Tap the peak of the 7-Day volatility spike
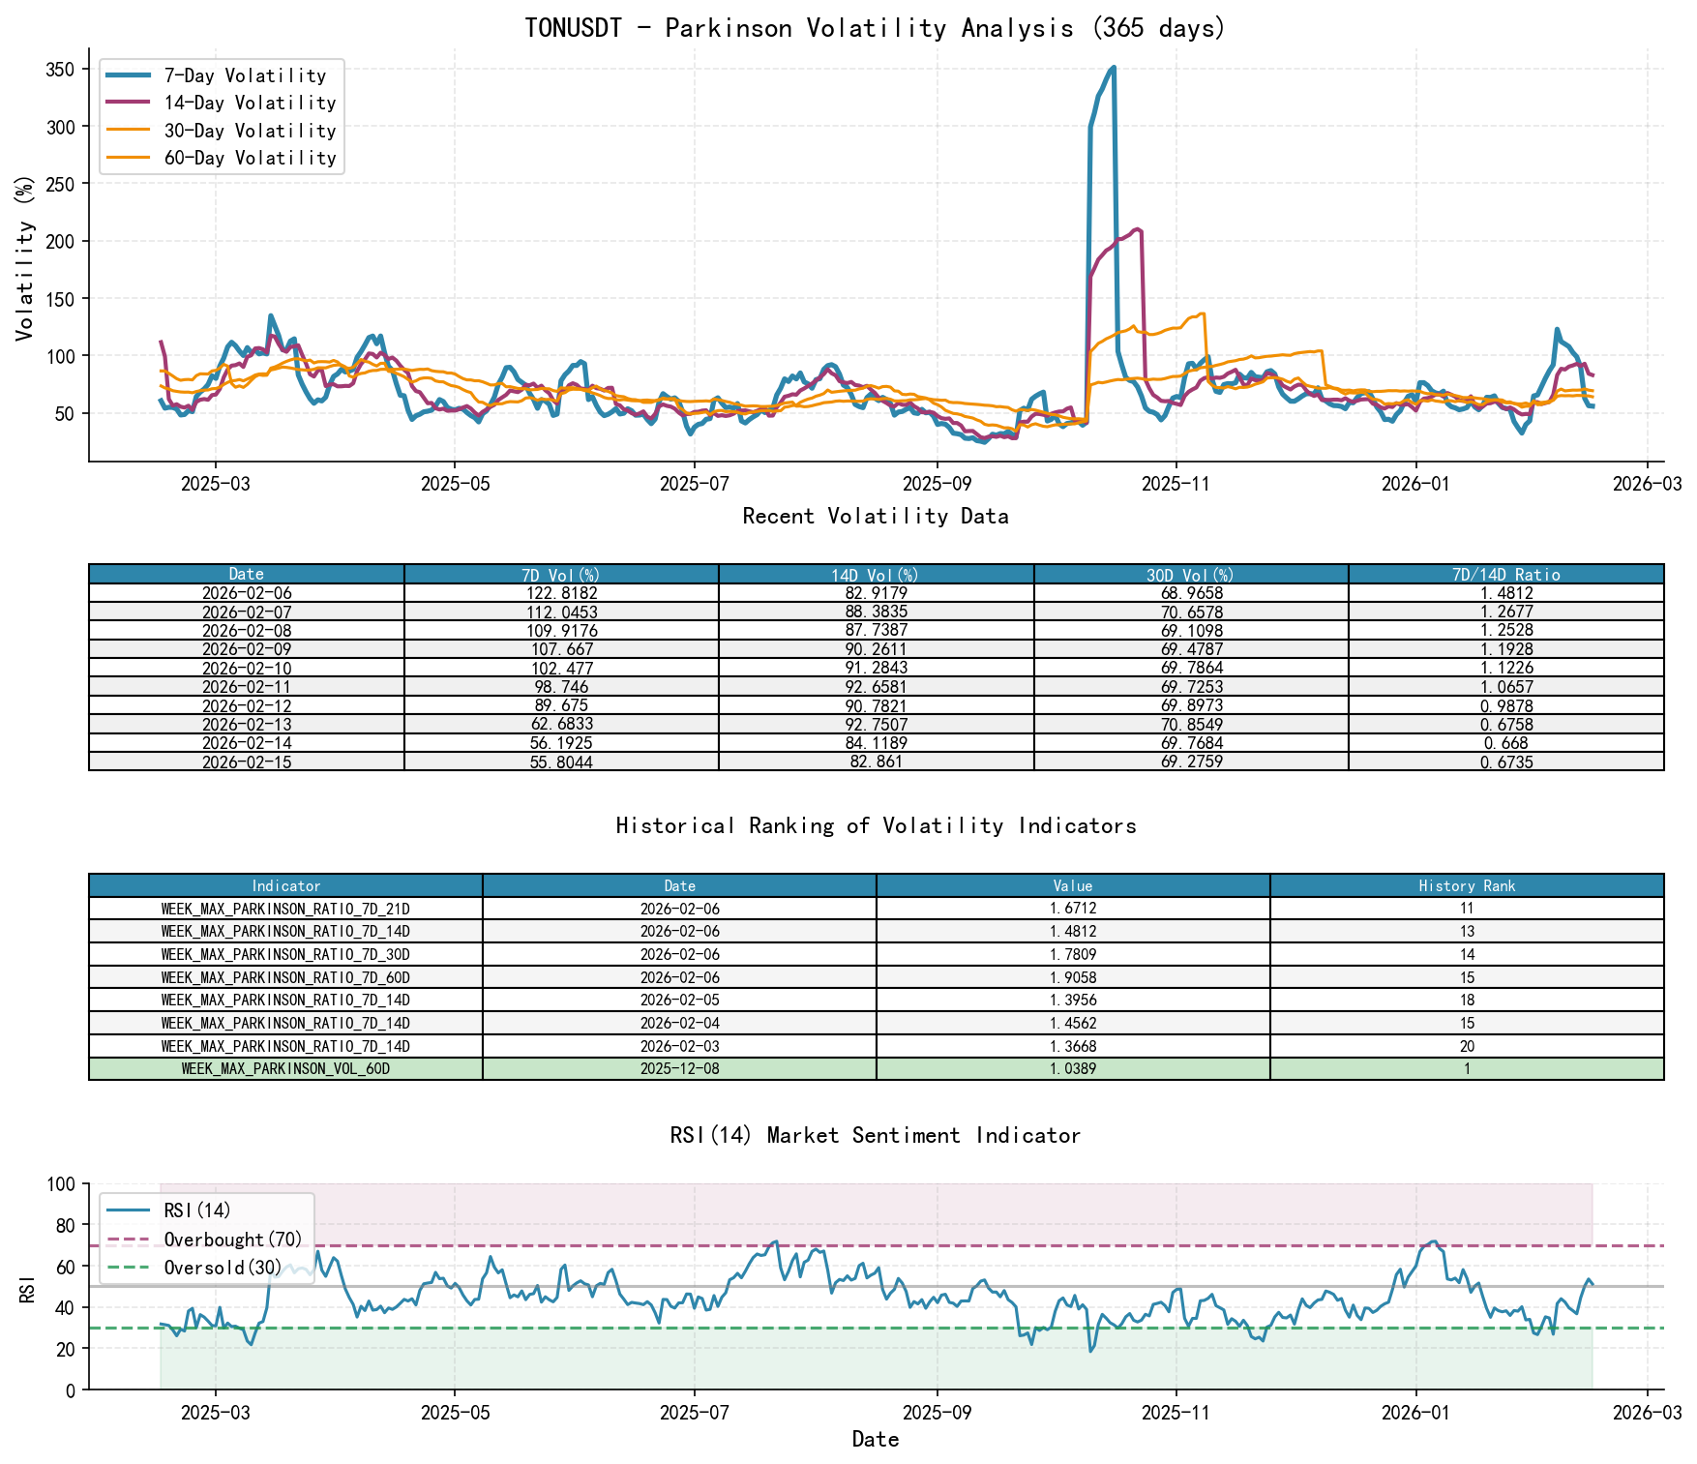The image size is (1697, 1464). click(1114, 68)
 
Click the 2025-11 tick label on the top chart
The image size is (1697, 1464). click(1176, 484)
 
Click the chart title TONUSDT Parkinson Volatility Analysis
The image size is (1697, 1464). click(875, 28)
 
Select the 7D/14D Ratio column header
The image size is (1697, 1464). click(1505, 575)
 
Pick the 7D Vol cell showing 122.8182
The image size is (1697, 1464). click(561, 593)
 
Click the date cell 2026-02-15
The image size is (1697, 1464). click(247, 762)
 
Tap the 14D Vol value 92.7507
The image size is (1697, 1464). click(876, 724)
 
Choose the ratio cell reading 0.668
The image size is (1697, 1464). click(1505, 743)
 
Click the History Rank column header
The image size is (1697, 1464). click(1467, 885)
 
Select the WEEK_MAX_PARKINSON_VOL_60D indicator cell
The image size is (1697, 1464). click(285, 1069)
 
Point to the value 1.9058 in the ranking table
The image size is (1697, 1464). click(1073, 977)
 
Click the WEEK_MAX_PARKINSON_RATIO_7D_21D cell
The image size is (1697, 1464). click(285, 909)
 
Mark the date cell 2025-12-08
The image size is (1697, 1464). click(679, 1069)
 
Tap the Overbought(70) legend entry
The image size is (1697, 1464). click(232, 1240)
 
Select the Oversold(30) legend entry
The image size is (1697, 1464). click(223, 1268)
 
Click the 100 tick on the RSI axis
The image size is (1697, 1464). click(61, 1184)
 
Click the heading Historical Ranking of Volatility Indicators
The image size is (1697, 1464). click(876, 825)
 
